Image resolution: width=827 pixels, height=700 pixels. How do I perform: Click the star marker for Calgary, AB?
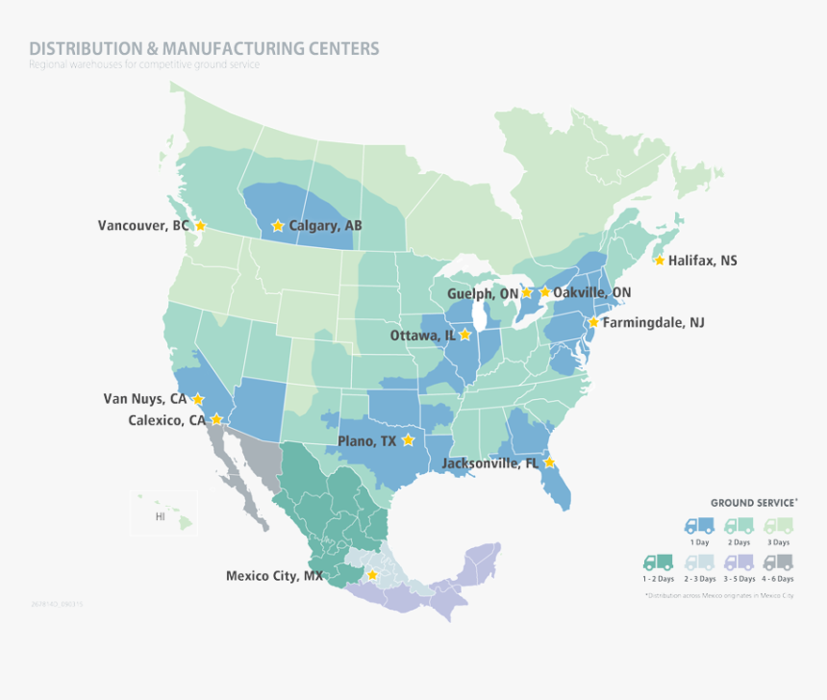pos(278,226)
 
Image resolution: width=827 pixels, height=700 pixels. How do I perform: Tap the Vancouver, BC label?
pos(143,226)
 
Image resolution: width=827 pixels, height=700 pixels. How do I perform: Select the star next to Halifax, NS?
pos(659,261)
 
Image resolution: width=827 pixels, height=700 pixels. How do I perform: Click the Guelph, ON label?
pos(482,293)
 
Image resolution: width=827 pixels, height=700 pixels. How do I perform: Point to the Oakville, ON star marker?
pos(545,291)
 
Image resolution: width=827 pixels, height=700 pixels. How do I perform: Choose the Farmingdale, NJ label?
pos(653,323)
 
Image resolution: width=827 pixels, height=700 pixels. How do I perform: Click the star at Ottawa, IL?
pos(465,335)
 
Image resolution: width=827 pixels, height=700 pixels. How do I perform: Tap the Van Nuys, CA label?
pos(145,398)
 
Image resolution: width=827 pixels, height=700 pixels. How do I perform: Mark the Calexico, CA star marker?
pos(217,419)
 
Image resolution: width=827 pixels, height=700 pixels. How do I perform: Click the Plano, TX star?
pos(408,440)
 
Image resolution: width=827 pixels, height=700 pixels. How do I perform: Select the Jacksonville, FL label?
pos(490,463)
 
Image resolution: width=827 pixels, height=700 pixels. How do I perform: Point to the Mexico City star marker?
pos(372,575)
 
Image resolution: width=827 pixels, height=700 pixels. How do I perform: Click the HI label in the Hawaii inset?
pos(161,516)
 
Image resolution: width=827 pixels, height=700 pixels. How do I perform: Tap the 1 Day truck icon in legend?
pos(699,526)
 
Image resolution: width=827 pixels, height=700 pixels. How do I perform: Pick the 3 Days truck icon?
pos(779,526)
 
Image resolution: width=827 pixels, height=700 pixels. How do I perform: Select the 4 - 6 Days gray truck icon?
pos(779,562)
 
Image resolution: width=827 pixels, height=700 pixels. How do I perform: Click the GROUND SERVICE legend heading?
pos(754,503)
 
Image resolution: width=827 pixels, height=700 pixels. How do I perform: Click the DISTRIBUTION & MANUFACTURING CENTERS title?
pos(204,48)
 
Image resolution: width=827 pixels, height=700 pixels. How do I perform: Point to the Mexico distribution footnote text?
pos(719,596)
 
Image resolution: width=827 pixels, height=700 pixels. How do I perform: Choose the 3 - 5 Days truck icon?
pos(739,562)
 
